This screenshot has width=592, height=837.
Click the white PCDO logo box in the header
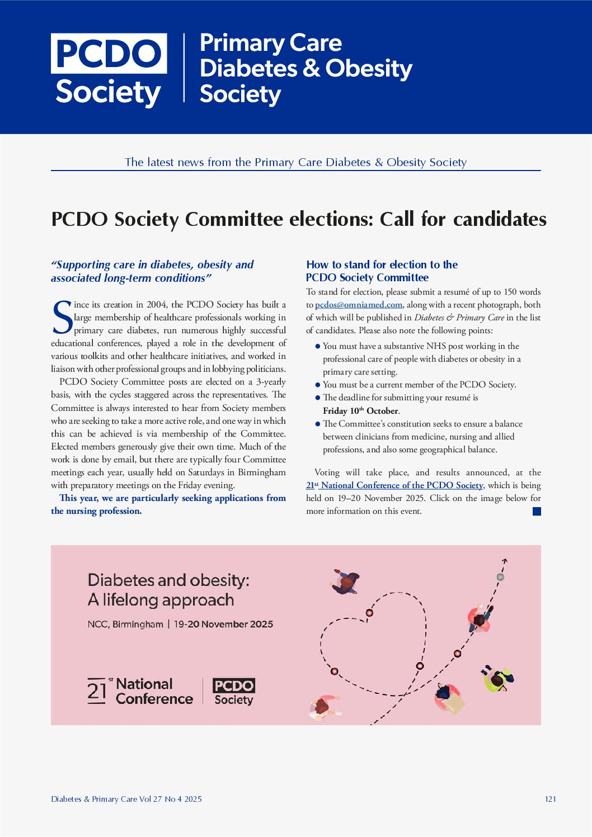[x=109, y=54]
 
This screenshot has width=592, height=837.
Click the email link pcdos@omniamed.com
[x=359, y=305]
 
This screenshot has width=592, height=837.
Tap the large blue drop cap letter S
[x=62, y=318]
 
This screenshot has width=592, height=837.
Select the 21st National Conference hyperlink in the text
[x=394, y=485]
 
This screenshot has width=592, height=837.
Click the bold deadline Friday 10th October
[x=361, y=411]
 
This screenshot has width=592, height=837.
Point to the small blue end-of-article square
[x=537, y=511]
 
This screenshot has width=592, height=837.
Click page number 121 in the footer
[x=550, y=799]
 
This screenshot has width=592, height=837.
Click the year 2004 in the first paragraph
[x=157, y=305]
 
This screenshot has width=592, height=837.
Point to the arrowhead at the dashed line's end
[x=504, y=560]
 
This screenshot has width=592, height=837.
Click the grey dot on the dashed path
[x=500, y=577]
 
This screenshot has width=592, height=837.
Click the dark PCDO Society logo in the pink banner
[x=233, y=692]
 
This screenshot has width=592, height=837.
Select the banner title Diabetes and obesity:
[x=168, y=580]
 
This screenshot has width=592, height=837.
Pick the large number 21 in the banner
[x=97, y=691]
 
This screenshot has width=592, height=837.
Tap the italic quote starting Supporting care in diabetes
[x=152, y=271]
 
